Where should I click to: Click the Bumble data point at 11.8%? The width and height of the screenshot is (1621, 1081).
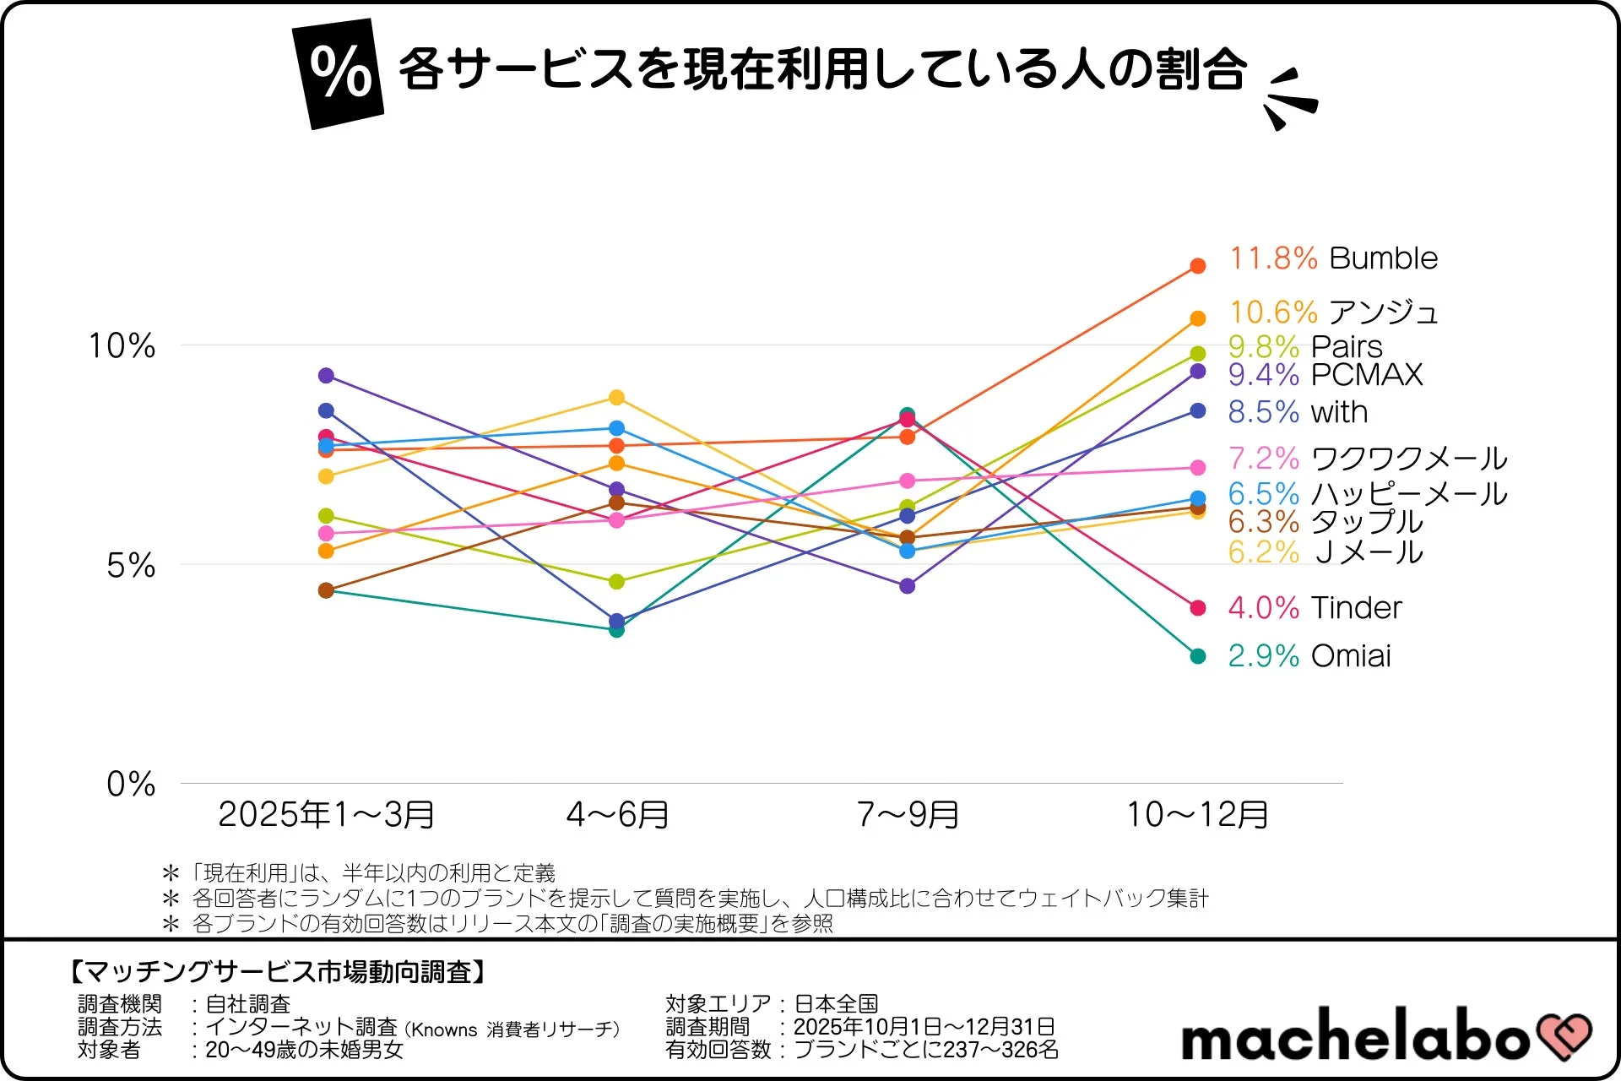tap(1197, 266)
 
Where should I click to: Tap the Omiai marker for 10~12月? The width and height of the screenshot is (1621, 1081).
tap(1197, 656)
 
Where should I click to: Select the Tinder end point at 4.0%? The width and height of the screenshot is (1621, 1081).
tap(1197, 608)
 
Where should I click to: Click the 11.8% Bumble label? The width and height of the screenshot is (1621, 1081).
tap(1333, 258)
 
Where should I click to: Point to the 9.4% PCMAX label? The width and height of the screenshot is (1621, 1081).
tap(1325, 374)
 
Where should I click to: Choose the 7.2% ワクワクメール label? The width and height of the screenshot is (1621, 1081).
tap(1367, 459)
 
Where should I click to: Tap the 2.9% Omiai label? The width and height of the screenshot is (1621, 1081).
tap(1309, 656)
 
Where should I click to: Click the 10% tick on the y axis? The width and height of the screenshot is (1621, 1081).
tap(122, 345)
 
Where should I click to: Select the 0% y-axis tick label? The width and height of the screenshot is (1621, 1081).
tap(131, 784)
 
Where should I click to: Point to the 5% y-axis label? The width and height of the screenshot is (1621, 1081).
tap(131, 565)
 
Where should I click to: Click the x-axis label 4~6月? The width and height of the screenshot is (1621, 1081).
tap(617, 814)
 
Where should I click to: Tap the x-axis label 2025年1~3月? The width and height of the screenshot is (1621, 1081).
tap(326, 814)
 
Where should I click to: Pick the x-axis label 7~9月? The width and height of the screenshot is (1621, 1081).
tap(908, 814)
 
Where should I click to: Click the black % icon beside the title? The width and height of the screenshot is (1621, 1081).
tap(339, 73)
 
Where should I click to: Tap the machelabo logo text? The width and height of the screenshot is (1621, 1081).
tap(1354, 1035)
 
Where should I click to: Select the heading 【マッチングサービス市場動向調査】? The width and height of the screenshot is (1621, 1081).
tap(277, 972)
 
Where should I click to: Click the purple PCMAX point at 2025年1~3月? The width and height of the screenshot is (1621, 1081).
tap(326, 376)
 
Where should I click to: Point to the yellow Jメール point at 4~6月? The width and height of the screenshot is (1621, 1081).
tap(616, 398)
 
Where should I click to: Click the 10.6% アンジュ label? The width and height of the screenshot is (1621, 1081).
tap(1333, 312)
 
